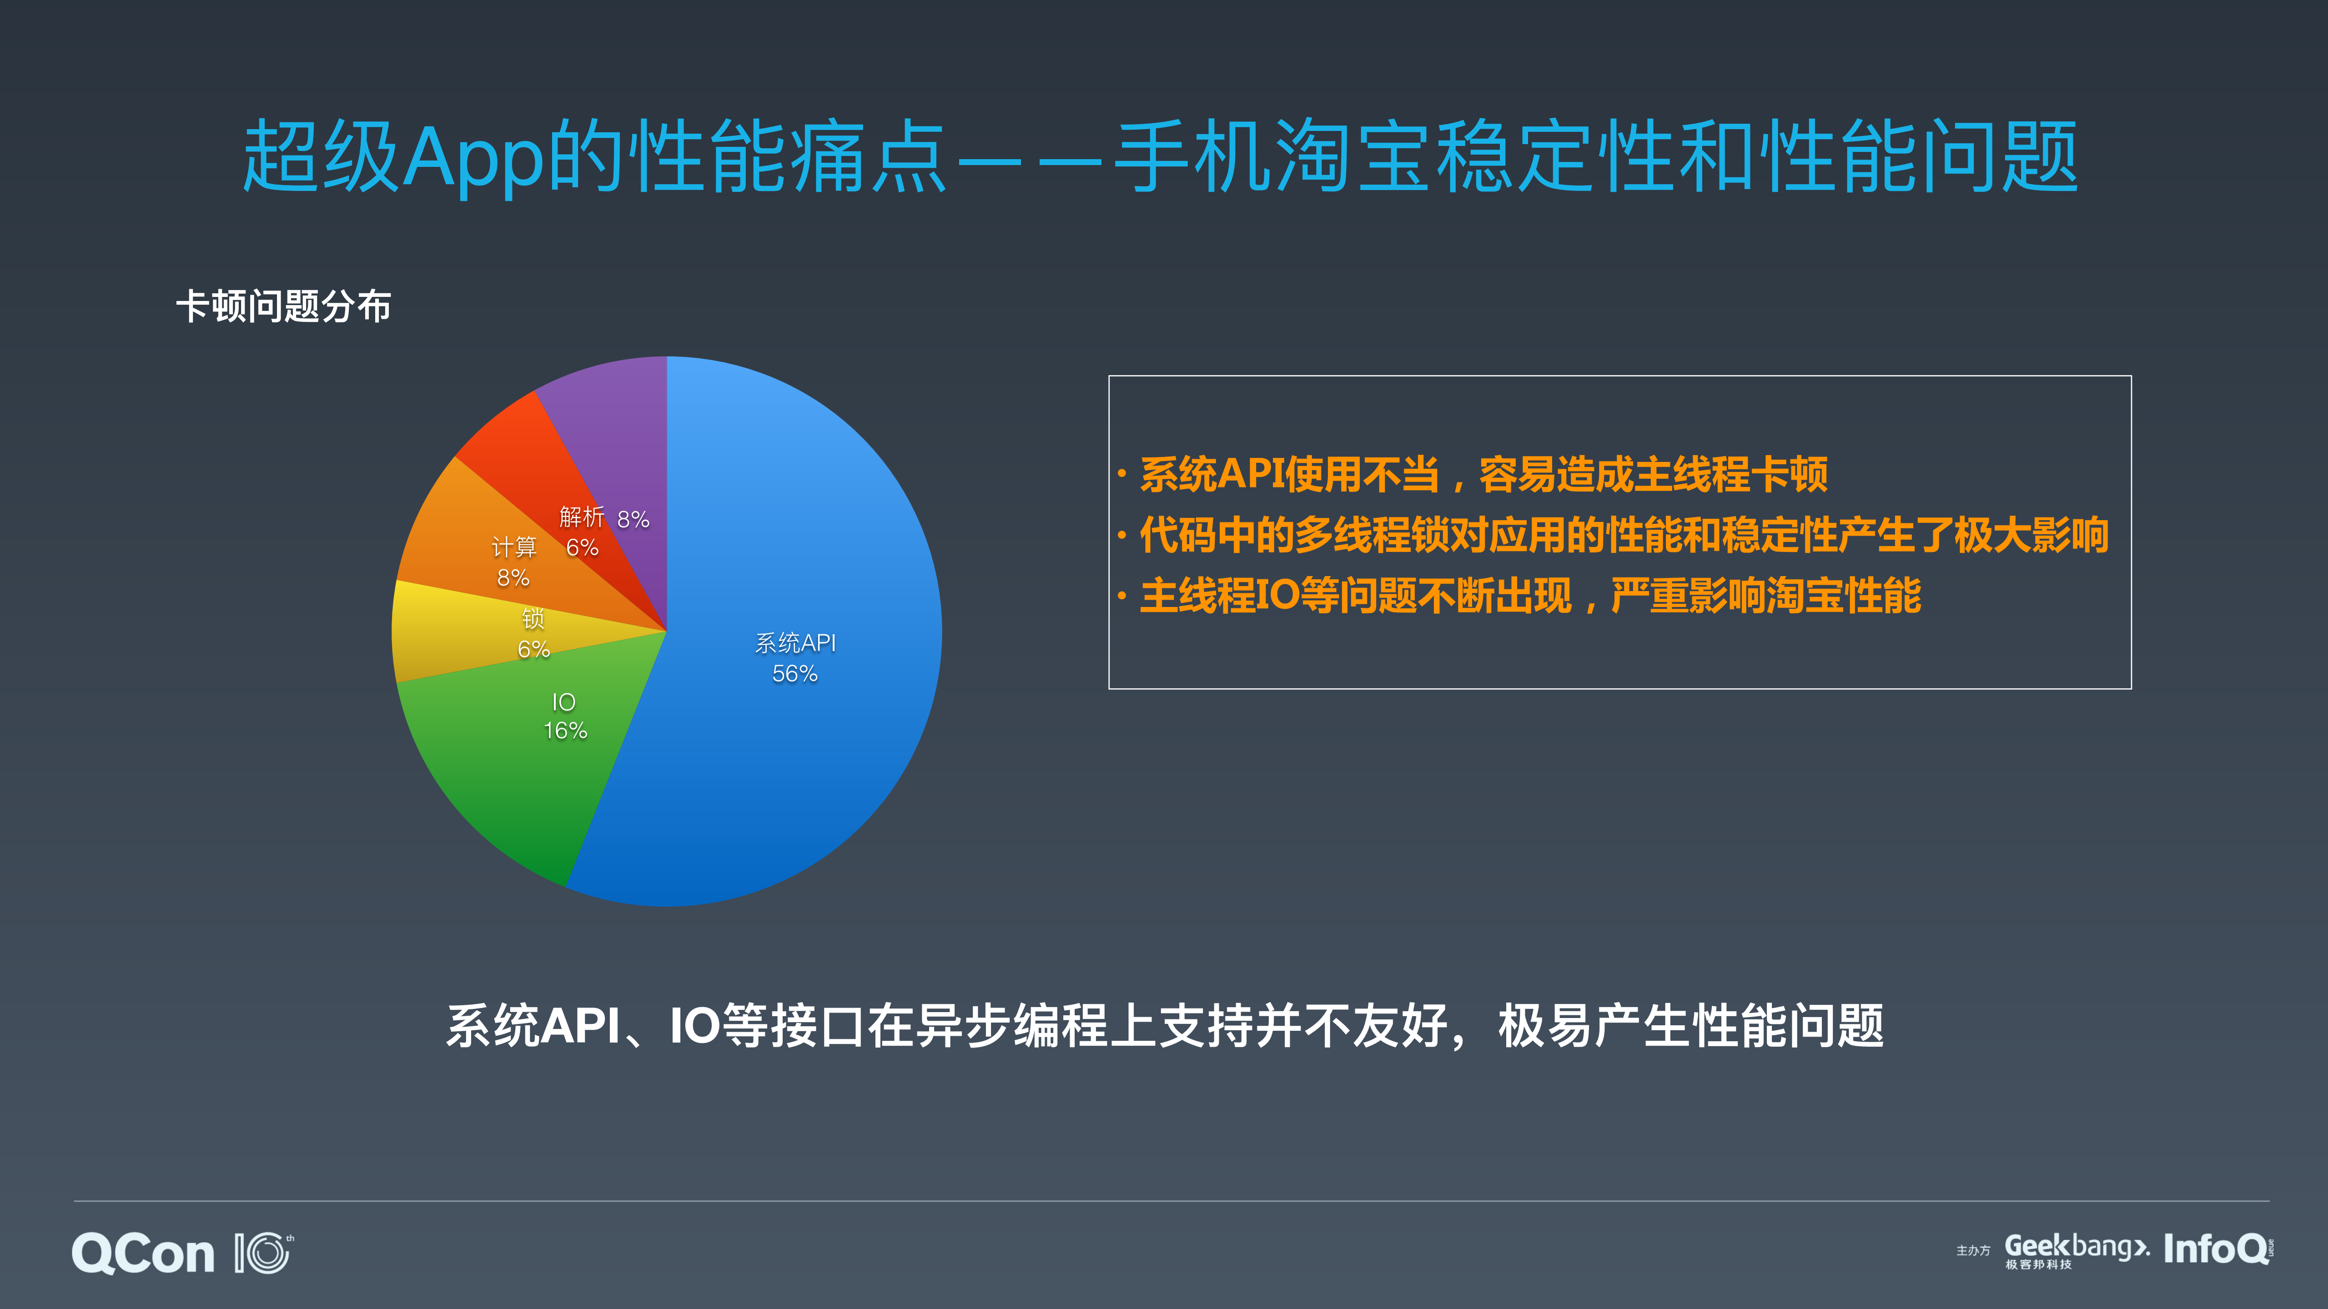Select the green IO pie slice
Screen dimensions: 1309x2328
pyautogui.click(x=506, y=777)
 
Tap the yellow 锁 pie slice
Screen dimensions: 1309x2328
pyautogui.click(x=452, y=632)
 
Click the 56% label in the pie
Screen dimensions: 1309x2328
pyautogui.click(x=794, y=674)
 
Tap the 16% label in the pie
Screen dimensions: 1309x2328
pyautogui.click(x=565, y=731)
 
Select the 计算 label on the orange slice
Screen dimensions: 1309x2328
pyautogui.click(x=513, y=547)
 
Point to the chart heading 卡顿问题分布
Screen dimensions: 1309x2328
pyautogui.click(x=283, y=306)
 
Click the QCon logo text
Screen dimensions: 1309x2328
pyautogui.click(x=143, y=1254)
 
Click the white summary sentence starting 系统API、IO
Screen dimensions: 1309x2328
pyautogui.click(x=1164, y=1026)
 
